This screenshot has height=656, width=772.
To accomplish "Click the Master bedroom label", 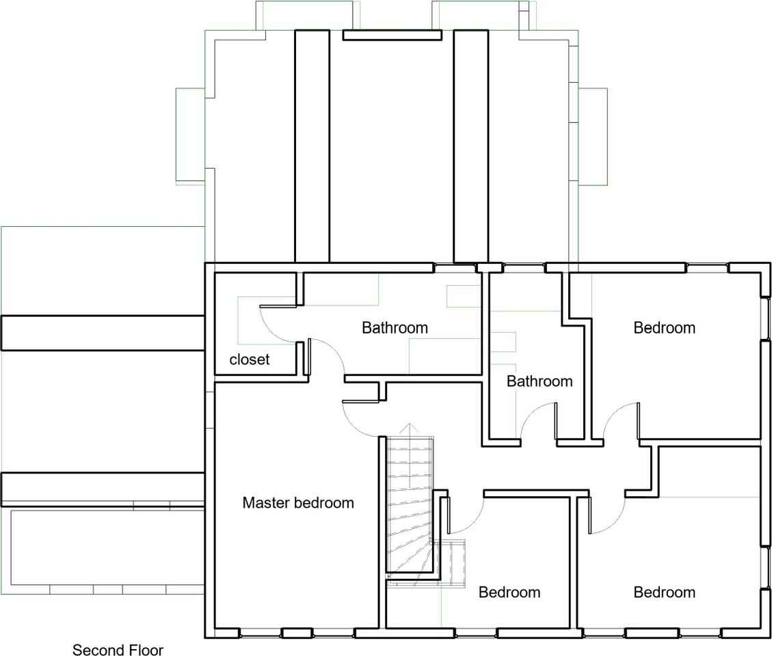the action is click(x=298, y=502).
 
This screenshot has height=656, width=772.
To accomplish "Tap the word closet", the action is click(x=249, y=359).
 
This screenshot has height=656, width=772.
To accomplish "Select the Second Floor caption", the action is click(x=118, y=650).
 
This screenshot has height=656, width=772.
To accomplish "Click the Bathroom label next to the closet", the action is click(x=395, y=328).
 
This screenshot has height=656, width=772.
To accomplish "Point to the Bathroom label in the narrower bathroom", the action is click(x=540, y=381).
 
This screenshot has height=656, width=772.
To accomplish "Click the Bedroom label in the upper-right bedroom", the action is click(x=664, y=328).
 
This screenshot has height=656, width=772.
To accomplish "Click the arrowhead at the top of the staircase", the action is click(x=409, y=426).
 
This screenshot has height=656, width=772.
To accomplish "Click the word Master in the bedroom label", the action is click(x=266, y=502).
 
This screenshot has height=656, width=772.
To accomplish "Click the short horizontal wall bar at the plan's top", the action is click(x=392, y=35).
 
